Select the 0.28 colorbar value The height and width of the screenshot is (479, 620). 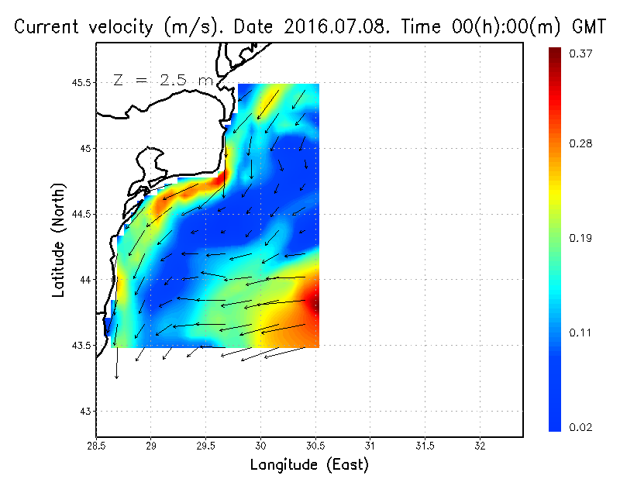pyautogui.click(x=581, y=143)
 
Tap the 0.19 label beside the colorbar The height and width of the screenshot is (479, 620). pyautogui.click(x=581, y=238)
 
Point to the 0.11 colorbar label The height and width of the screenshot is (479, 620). pyautogui.click(x=581, y=333)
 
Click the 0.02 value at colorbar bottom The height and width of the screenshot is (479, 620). pyautogui.click(x=581, y=427)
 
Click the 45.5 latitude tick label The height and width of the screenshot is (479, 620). pyautogui.click(x=81, y=82)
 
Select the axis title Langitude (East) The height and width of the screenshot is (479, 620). pyautogui.click(x=309, y=465)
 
